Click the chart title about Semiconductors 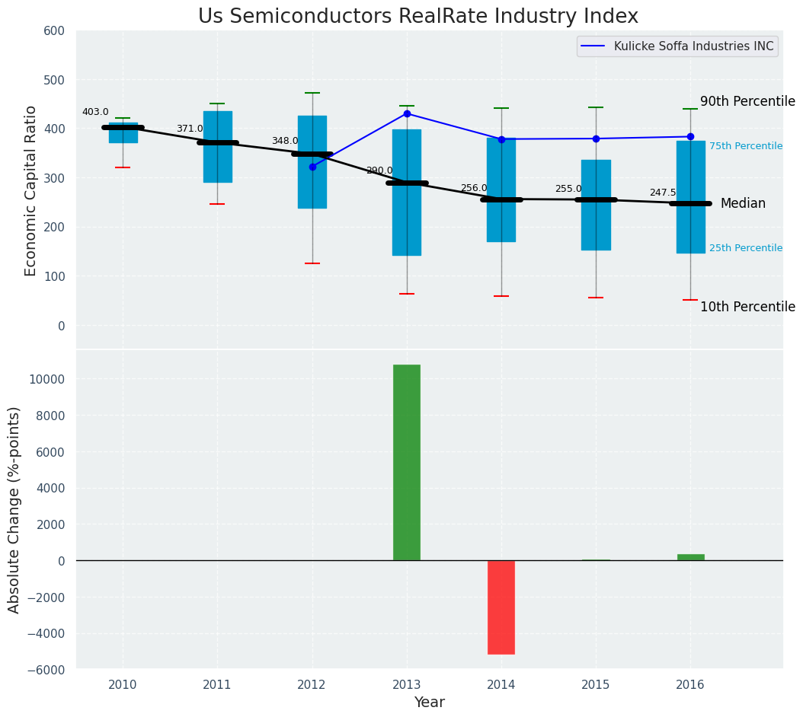[417, 16]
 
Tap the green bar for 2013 [407, 462]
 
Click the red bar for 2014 [501, 607]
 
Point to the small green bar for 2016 [690, 557]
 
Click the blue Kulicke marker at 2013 [407, 113]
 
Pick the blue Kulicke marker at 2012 [312, 167]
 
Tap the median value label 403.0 [95, 112]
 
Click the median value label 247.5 [663, 193]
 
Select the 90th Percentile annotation [747, 101]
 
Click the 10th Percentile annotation [747, 307]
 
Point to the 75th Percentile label [745, 146]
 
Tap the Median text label [743, 203]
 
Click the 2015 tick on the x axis [596, 685]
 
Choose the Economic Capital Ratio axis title [31, 190]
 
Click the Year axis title [430, 703]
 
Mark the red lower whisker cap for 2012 [312, 263]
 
